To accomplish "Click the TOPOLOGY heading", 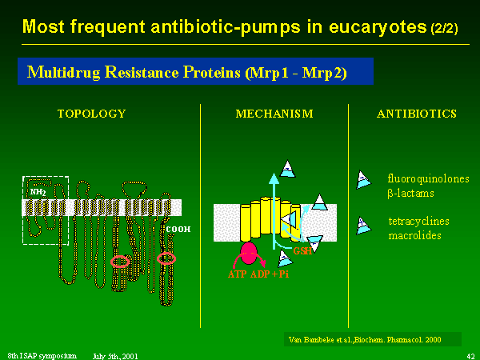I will (91, 114).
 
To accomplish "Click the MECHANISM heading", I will (274, 114).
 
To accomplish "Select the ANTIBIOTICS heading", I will (416, 114).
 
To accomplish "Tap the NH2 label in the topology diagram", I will (38, 192).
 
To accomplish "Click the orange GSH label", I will (303, 250).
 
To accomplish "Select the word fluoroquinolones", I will (428, 178).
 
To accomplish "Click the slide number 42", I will (469, 353).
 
